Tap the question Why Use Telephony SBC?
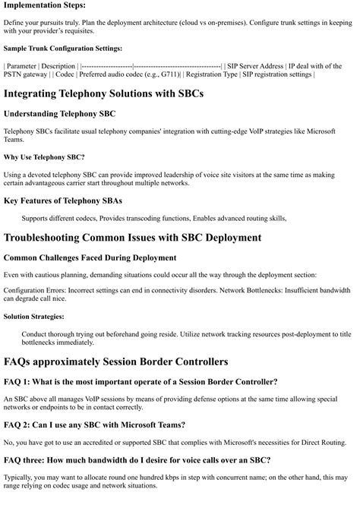(x=44, y=157)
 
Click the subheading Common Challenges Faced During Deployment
(x=90, y=257)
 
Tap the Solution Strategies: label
(x=35, y=316)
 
